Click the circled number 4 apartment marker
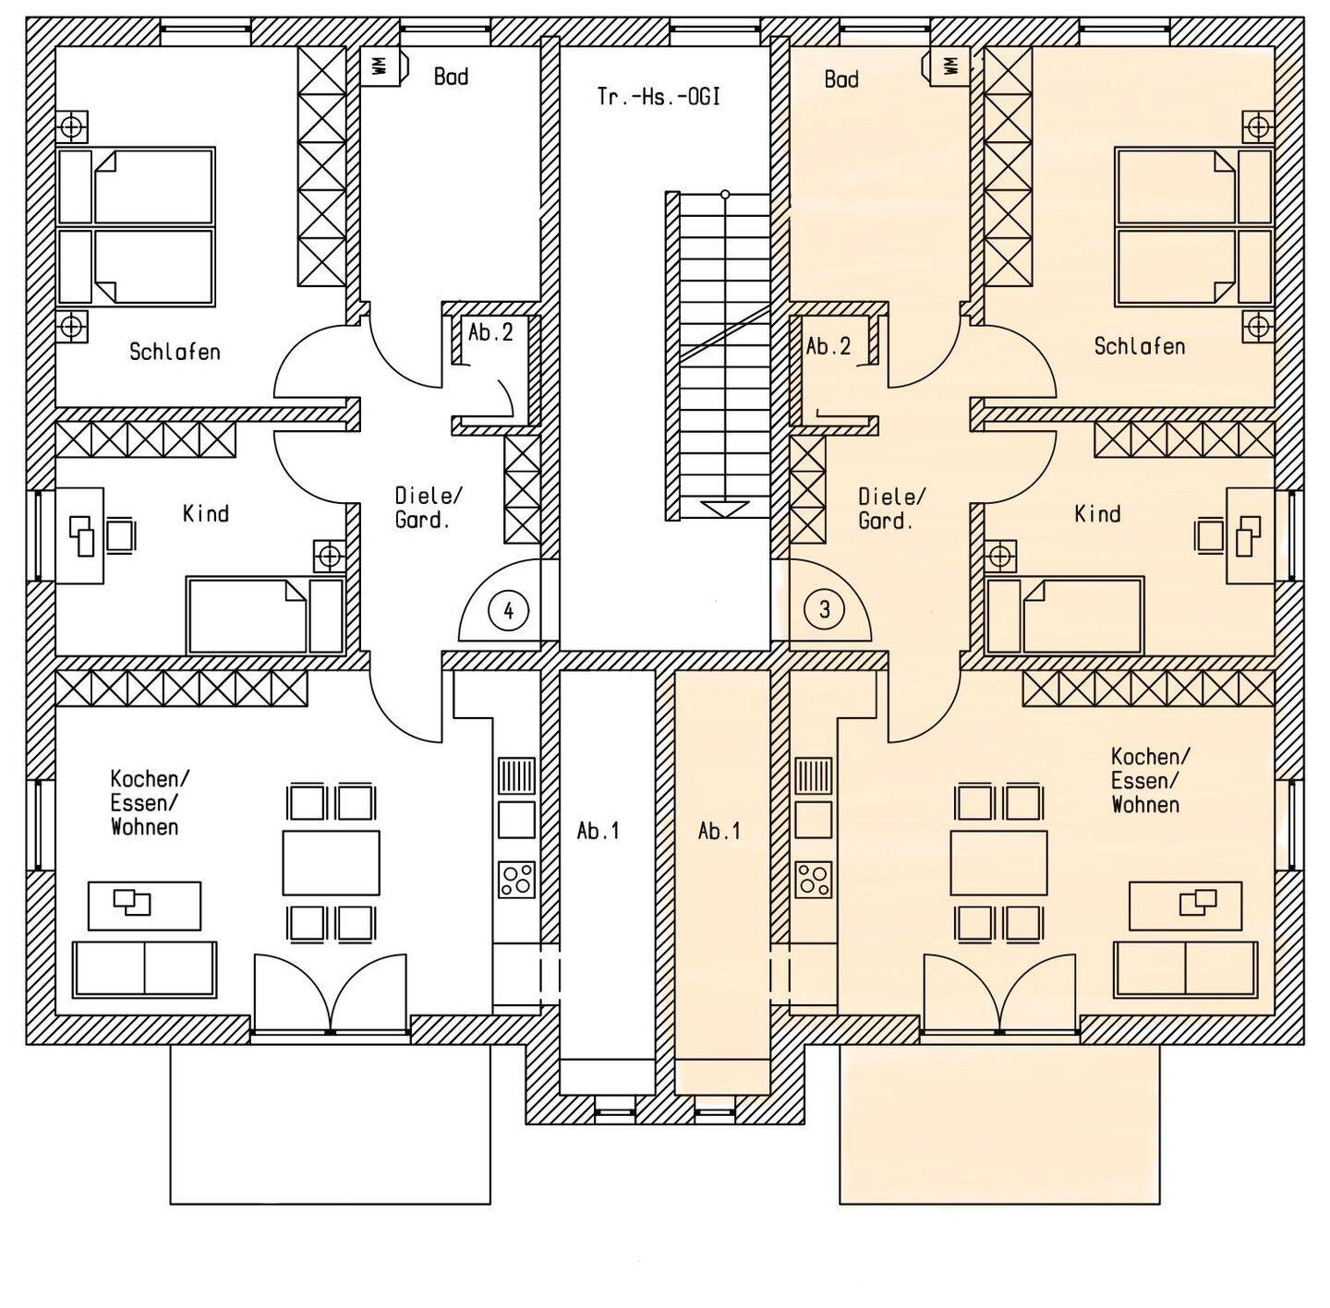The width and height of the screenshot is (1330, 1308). tap(508, 610)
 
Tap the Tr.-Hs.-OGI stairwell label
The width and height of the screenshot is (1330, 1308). tap(659, 97)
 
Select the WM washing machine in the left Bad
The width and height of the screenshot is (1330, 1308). tap(381, 66)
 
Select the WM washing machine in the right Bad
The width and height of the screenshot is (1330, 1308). tap(950, 66)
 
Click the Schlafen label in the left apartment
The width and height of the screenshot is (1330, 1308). tap(175, 352)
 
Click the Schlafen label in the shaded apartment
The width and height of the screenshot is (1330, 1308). tap(1139, 345)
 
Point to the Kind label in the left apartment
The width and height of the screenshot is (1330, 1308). tap(206, 514)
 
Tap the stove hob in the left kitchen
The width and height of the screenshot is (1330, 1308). tap(516, 880)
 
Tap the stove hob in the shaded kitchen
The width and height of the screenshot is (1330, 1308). tap(815, 880)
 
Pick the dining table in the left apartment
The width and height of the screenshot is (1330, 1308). tap(331, 862)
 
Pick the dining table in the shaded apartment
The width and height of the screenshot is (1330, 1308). tap(998, 862)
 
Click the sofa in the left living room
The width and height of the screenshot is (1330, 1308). tap(144, 968)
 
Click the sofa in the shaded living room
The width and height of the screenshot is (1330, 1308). tap(1185, 968)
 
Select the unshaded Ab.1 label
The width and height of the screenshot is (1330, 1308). tap(598, 832)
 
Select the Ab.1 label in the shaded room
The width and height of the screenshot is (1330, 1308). tap(719, 832)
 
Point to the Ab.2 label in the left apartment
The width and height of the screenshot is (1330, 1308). tap(490, 332)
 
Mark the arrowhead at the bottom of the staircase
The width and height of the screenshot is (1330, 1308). tap(725, 510)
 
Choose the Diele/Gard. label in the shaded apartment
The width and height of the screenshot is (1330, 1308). tap(891, 508)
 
